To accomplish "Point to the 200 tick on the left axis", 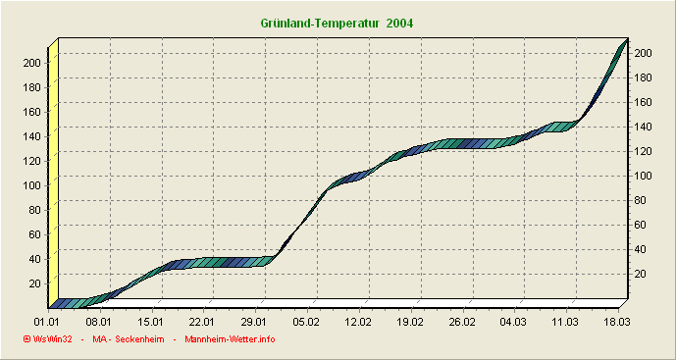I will coord(31,62).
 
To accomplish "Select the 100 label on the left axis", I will coord(31,184).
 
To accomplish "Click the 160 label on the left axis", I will coord(31,111).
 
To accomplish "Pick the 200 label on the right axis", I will coord(643,53).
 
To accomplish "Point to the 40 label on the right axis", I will coord(640,249).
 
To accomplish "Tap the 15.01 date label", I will coord(151,321).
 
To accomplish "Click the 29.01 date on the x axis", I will coord(254,321).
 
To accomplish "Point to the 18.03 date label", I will coord(617,321).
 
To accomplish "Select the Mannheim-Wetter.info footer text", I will coord(230,339).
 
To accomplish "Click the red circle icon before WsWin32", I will coord(26,339).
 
